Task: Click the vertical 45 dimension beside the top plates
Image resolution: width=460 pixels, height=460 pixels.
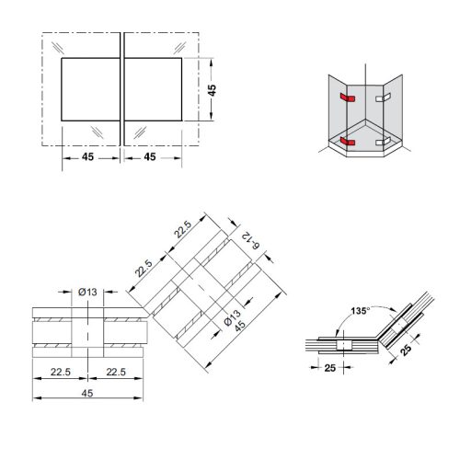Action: [x=213, y=89]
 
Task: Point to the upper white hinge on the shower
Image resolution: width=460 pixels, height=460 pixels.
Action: [x=383, y=96]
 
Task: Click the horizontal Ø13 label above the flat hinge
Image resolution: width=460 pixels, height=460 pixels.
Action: [x=87, y=292]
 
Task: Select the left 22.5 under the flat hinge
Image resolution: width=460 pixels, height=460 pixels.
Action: [x=60, y=374]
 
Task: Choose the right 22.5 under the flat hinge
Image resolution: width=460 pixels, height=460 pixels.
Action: [x=115, y=374]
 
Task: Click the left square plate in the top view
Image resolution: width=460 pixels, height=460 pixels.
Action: [x=89, y=89]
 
